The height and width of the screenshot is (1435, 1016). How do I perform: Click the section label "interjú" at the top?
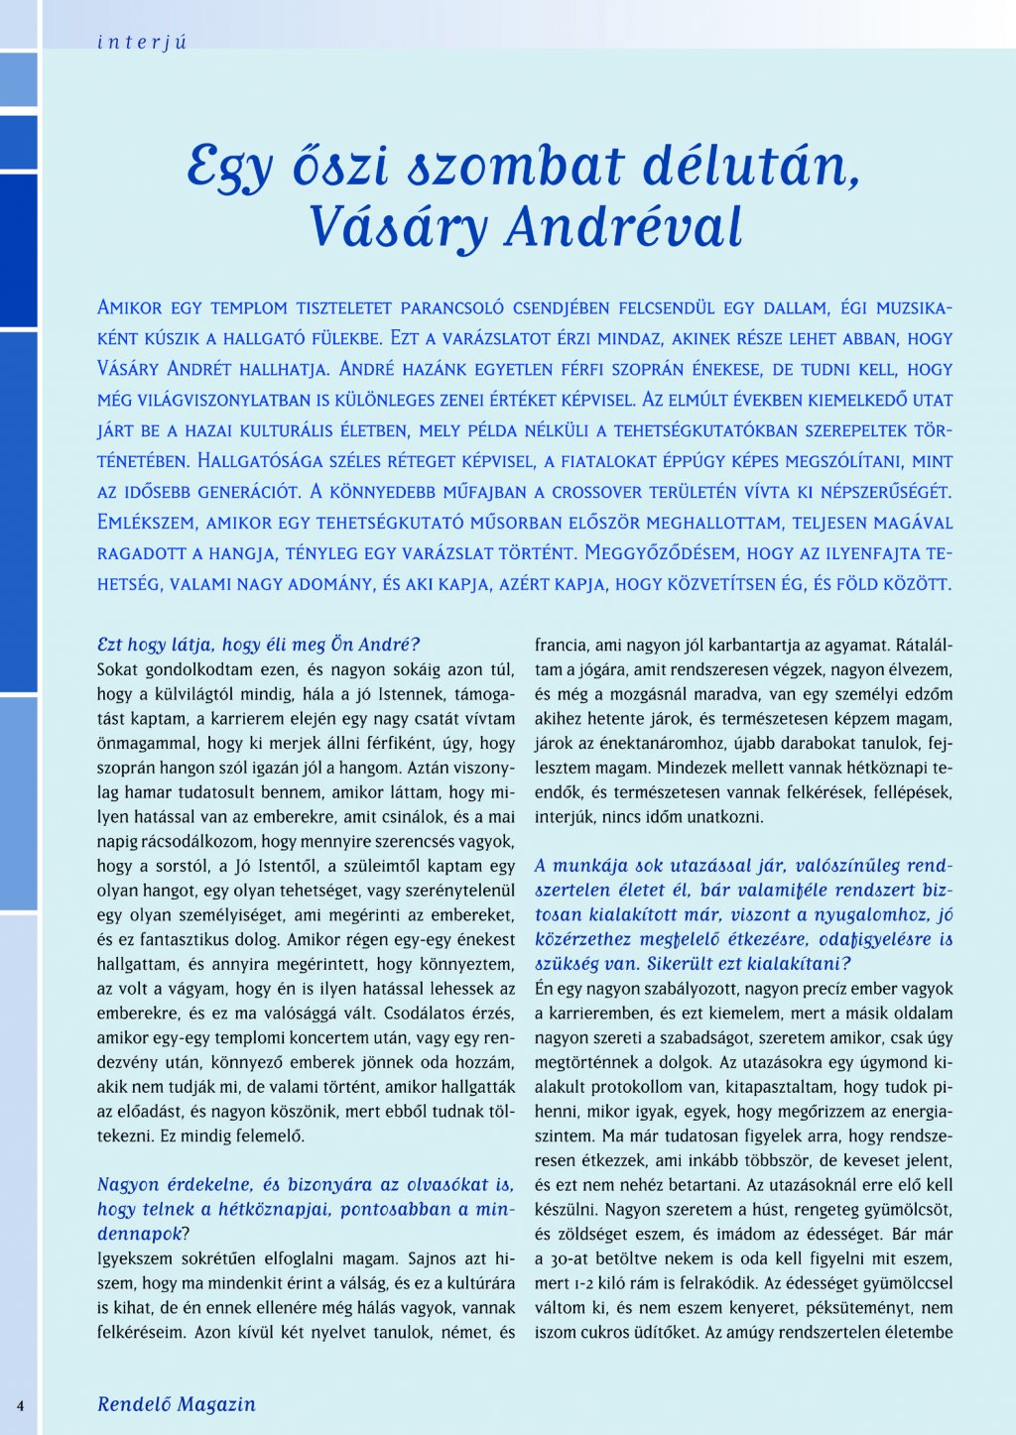142,43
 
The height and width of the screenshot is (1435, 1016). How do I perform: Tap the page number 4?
20,1405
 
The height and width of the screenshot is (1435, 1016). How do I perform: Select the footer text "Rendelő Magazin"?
177,1404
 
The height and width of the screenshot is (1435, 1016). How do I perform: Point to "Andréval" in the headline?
623,227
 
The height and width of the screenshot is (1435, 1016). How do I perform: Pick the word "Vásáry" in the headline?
398,227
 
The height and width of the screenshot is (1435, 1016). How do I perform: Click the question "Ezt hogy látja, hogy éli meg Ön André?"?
259,645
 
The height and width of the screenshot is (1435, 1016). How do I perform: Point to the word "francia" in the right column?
562,646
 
